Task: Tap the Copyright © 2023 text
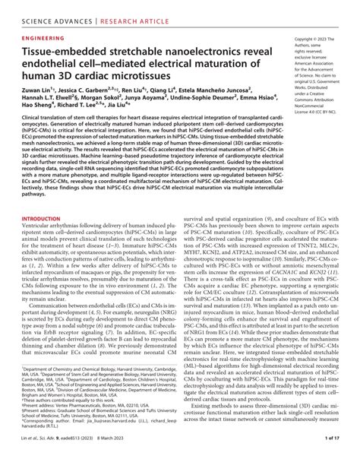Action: [314, 38]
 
